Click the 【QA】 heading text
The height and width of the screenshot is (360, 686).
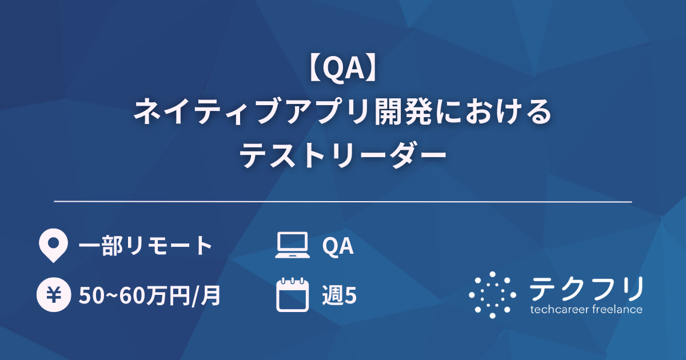point(342,70)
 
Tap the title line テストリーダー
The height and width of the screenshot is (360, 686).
point(342,154)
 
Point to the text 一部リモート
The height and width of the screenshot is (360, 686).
point(145,246)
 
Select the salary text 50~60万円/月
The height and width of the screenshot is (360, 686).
point(150,295)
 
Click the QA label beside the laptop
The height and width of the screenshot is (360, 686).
point(337,246)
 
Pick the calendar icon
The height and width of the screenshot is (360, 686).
point(292,295)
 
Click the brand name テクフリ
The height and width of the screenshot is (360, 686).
point(587,289)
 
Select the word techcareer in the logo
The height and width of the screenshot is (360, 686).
point(559,310)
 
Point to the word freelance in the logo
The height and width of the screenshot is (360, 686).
point(617,310)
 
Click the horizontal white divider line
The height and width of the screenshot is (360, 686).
point(342,202)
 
